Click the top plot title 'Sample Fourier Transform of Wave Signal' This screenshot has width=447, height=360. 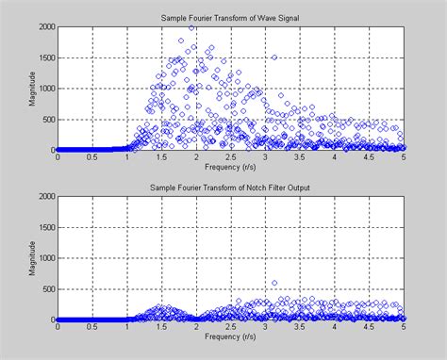tap(231, 17)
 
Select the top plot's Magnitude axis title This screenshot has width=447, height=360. tap(34, 89)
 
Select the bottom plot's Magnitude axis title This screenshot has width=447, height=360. tap(34, 258)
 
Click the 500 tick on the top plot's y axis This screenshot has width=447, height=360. tap(46, 120)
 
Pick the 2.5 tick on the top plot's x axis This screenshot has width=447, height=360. tap(231, 157)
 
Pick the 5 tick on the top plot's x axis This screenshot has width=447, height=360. tap(405, 157)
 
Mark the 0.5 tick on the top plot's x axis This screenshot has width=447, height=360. tap(91, 157)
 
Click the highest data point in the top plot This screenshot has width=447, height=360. tap(192, 27)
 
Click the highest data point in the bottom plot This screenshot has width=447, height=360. tap(274, 283)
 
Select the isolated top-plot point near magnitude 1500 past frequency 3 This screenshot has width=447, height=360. tap(274, 57)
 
